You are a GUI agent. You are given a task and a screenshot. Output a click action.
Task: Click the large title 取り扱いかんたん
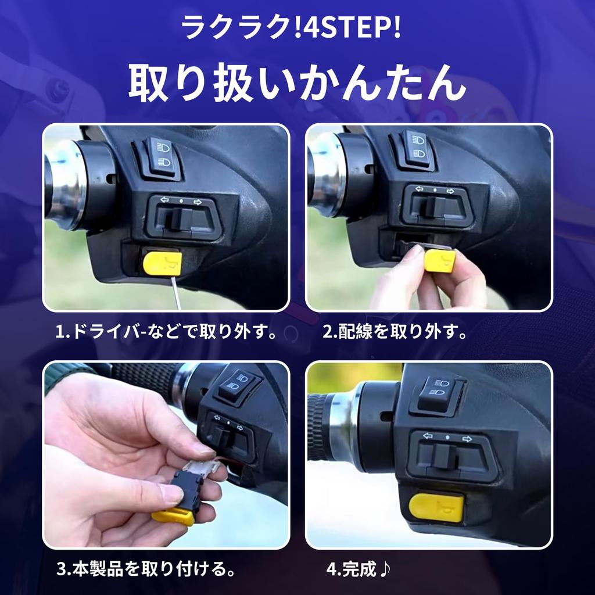click(297, 84)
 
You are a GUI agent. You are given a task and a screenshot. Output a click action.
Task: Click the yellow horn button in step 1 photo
click(162, 263)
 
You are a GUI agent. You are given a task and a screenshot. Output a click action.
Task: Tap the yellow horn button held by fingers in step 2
click(439, 259)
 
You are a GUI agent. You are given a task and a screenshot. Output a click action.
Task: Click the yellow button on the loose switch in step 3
click(173, 517)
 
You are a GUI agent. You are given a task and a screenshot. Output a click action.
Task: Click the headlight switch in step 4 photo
click(439, 393)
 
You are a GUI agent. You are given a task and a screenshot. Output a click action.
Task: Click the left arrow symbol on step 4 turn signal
click(428, 436)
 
